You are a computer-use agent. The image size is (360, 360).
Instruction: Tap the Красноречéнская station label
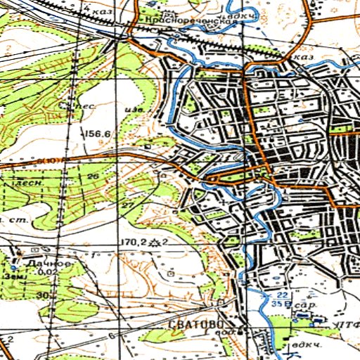[x=191, y=22]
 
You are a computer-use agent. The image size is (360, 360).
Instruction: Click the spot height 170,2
[x=132, y=242]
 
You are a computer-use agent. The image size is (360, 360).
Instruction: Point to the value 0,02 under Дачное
[x=47, y=271]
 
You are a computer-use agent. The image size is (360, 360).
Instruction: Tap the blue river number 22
[x=281, y=295]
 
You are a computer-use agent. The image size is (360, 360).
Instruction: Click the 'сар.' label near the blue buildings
[x=302, y=307]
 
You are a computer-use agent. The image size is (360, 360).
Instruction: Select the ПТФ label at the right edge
[x=347, y=324]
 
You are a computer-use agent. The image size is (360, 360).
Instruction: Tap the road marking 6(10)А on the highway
[x=52, y=162]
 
